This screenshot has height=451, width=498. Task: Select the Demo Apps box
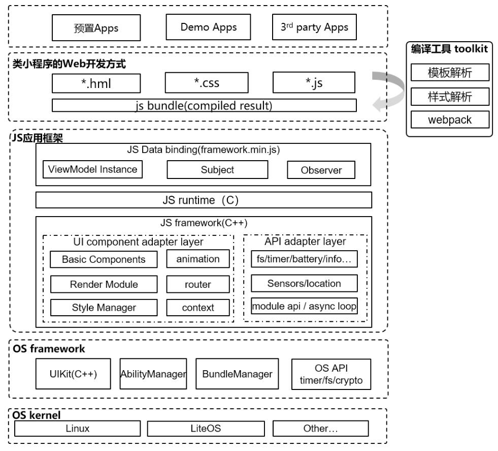(x=209, y=27)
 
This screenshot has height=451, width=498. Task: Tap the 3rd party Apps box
(x=315, y=27)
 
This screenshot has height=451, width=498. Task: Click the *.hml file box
(x=96, y=83)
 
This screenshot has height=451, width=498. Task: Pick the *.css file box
(x=207, y=83)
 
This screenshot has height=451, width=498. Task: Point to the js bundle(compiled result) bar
(x=204, y=106)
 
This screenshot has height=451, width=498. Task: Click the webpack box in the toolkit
(x=449, y=120)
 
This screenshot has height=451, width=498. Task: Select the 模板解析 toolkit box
(x=449, y=73)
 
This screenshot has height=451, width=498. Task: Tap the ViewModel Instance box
(x=92, y=169)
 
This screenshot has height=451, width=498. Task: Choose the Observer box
(x=321, y=170)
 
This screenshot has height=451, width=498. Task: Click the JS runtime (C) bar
(x=204, y=200)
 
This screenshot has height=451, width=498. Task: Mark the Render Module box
(x=104, y=284)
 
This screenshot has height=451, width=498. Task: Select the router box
(x=198, y=284)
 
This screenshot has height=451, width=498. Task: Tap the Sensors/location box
(x=304, y=283)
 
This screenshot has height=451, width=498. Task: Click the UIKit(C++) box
(x=74, y=374)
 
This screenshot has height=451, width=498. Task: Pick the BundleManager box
(x=237, y=374)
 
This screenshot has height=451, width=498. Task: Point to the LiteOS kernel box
(x=206, y=429)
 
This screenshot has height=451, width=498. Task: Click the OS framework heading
(x=49, y=349)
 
